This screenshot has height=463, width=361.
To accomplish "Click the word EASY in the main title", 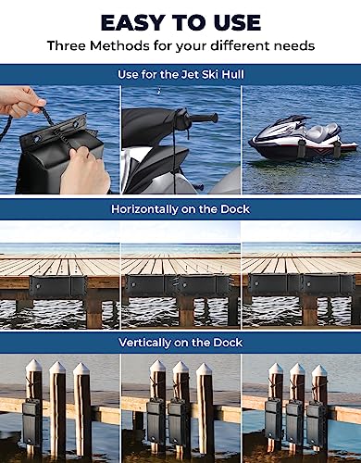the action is click(x=132, y=22).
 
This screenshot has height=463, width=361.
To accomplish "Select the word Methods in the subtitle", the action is click(x=119, y=45).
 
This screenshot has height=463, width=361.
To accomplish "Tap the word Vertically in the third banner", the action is click(x=144, y=343).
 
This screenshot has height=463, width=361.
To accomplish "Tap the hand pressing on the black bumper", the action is click(x=84, y=170).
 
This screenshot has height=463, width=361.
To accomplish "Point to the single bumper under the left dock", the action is click(x=58, y=287).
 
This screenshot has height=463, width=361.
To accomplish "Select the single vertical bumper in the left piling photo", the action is click(x=31, y=423).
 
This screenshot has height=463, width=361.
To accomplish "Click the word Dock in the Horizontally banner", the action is click(x=235, y=209).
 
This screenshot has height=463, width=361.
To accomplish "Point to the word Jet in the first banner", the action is click(x=189, y=74).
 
